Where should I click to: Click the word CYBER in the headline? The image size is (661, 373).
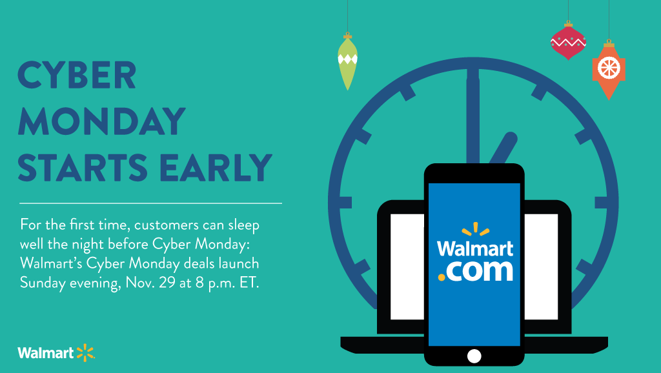pyautogui.click(x=77, y=75)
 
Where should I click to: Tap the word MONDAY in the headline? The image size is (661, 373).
pyautogui.click(x=101, y=121)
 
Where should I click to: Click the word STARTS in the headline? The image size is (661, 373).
pyautogui.click(x=83, y=167)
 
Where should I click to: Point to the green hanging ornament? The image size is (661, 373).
pyautogui.click(x=347, y=62)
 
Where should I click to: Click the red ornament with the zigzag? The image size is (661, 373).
pyautogui.click(x=568, y=41)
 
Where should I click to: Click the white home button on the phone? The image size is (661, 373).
pyautogui.click(x=474, y=356)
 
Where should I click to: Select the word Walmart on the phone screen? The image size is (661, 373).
pyautogui.click(x=475, y=248)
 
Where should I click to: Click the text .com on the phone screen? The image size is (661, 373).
pyautogui.click(x=476, y=271)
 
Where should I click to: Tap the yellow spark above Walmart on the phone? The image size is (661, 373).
pyautogui.click(x=476, y=228)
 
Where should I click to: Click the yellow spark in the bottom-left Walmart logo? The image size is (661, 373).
pyautogui.click(x=86, y=352)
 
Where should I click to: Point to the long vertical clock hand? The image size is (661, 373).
pyautogui.click(x=473, y=116)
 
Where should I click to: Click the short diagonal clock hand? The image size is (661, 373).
pyautogui.click(x=503, y=148)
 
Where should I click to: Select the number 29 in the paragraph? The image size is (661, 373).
pyautogui.click(x=167, y=283)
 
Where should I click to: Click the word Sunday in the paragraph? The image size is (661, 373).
pyautogui.click(x=43, y=283)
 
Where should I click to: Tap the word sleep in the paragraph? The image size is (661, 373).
pyautogui.click(x=243, y=225)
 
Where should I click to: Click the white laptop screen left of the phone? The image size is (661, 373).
pyautogui.click(x=407, y=267)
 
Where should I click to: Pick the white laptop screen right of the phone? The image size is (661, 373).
pyautogui.click(x=541, y=267)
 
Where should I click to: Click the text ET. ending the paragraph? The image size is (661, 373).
pyautogui.click(x=249, y=283)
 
